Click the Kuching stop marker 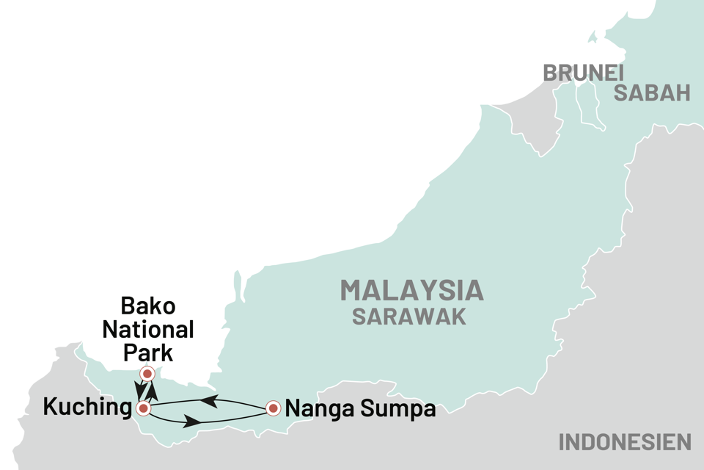144,408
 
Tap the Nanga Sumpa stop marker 273,408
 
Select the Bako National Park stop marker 147,374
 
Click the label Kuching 84,408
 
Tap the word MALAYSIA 411,291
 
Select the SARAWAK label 408,317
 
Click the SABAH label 652,93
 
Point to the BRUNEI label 582,73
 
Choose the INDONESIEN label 625,442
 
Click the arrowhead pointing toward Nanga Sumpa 192,422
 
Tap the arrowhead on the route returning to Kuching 208,401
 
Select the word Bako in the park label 147,307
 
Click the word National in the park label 147,329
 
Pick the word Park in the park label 147,351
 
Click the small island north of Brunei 593,37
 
